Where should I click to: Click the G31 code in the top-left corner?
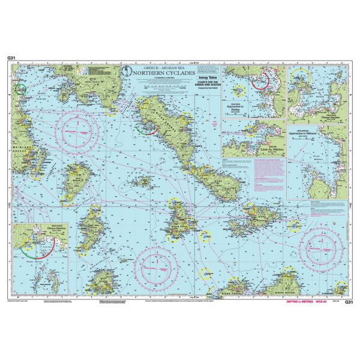tap(11, 58)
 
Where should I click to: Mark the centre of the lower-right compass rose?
tap(322, 246)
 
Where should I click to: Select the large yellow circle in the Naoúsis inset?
tap(299, 77)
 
